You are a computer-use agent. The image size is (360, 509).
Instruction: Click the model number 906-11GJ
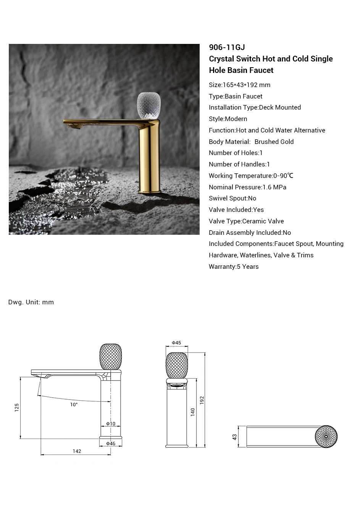(227, 47)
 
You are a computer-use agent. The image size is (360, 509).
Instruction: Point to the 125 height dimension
(17, 407)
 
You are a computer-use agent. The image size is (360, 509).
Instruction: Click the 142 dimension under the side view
(77, 451)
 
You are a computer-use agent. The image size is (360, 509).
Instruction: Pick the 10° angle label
(74, 404)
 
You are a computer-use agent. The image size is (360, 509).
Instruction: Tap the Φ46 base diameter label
(111, 443)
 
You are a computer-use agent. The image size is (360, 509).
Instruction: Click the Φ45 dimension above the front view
(176, 343)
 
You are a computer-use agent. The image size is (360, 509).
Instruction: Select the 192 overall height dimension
(202, 400)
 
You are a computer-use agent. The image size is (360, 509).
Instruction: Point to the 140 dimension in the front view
(193, 412)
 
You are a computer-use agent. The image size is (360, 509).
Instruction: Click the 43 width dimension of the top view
(235, 436)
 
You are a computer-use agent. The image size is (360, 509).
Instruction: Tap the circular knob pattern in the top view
(326, 436)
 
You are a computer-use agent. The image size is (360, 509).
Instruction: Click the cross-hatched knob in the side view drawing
(111, 357)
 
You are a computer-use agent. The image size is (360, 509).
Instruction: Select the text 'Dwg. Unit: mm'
(31, 302)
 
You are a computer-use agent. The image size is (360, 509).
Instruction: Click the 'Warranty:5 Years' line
(234, 267)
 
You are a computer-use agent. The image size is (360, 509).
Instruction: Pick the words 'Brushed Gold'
(274, 142)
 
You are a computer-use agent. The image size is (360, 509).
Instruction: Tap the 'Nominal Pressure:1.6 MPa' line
(247, 187)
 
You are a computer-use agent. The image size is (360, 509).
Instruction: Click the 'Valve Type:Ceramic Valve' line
(246, 221)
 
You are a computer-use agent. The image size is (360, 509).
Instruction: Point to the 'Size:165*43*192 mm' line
(239, 85)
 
